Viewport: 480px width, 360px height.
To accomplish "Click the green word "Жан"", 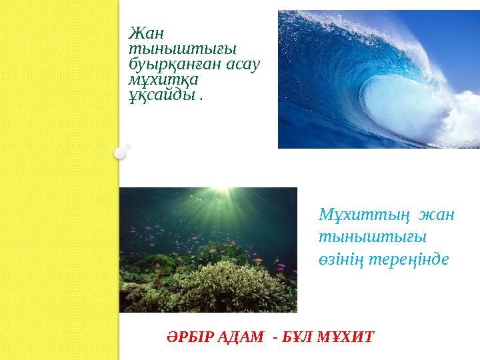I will [x=146, y=32].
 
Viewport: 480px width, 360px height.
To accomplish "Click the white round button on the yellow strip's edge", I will [x=119, y=153].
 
